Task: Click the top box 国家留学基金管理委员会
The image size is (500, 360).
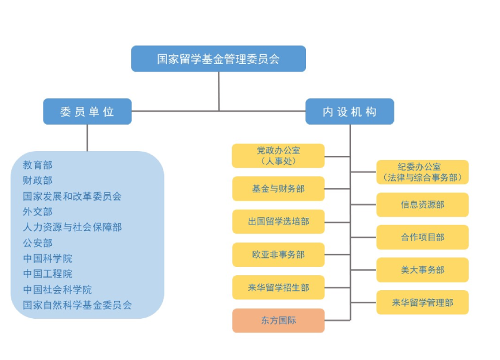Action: pos(218,59)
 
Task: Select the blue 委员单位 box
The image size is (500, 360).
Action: pos(87,112)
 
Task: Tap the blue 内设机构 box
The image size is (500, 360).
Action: pos(350,112)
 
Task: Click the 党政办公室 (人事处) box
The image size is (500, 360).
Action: pos(278,156)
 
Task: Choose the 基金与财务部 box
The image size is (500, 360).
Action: pos(278,189)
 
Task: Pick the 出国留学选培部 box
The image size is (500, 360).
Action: pos(278,221)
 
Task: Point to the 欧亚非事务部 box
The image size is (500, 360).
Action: pos(278,255)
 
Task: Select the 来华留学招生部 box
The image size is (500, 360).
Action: pos(278,288)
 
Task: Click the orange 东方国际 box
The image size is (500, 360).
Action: pos(278,321)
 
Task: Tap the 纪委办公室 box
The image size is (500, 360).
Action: pos(422,172)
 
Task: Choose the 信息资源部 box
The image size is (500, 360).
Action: pos(422,205)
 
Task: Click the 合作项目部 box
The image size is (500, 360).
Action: pos(422,237)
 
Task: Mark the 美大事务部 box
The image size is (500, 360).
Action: pos(422,270)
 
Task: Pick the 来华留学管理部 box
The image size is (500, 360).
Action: pos(422,303)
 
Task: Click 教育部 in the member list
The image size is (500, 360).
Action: pos(38,165)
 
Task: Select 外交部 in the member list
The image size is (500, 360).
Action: pos(38,212)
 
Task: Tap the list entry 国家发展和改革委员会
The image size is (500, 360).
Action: pos(72,196)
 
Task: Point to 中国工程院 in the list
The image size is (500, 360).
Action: pos(48,274)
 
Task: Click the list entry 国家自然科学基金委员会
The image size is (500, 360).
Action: pos(78,305)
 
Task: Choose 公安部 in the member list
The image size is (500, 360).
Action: pos(38,243)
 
